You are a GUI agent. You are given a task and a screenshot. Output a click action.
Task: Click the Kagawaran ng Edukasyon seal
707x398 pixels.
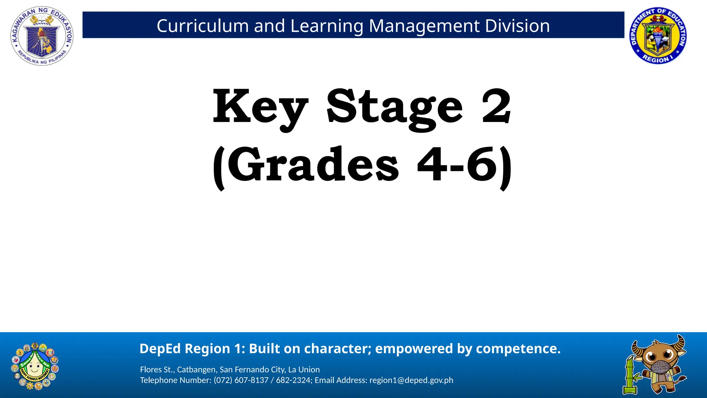pos(42,36)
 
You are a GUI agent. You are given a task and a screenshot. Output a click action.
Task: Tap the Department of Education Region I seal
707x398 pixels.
pos(658,36)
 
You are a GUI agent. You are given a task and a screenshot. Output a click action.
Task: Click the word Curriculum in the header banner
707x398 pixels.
pos(203,26)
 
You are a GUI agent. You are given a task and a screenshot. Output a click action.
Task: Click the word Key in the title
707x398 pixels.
pos(260,107)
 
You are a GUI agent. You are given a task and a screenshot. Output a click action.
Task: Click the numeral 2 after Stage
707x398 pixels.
pos(496,105)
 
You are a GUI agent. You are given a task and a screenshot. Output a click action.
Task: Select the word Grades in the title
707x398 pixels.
pos(313,165)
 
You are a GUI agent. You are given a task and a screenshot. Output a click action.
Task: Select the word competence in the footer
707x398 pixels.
pos(518,349)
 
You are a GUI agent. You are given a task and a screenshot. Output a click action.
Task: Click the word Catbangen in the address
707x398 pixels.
pos(196,370)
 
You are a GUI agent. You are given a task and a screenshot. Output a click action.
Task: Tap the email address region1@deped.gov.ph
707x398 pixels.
pos(411,380)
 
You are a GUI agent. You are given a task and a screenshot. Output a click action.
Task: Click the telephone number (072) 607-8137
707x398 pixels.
pos(241,380)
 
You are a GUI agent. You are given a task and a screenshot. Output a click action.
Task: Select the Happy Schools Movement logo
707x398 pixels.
pos(35,366)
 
